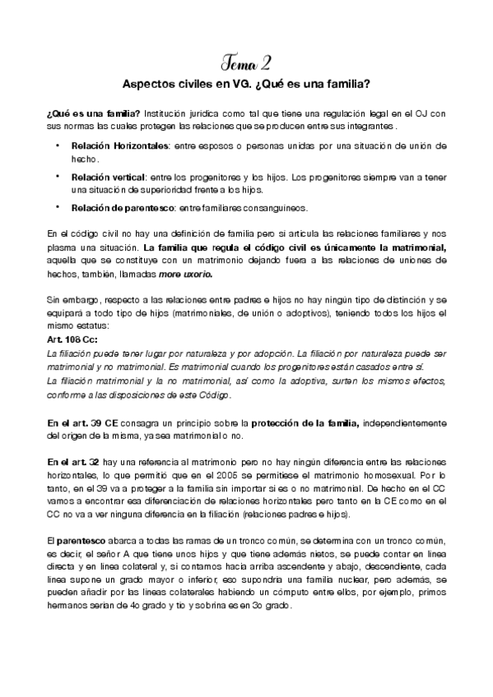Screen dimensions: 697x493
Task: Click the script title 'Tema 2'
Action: click(246, 63)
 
